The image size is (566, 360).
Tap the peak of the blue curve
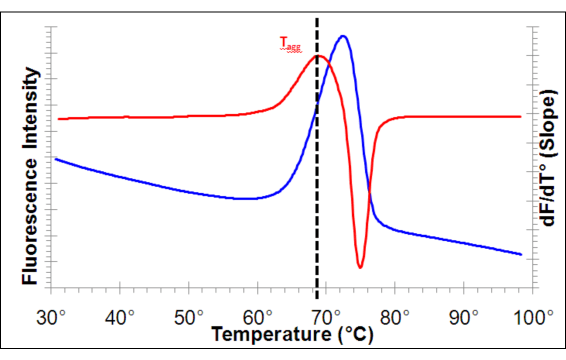click(343, 36)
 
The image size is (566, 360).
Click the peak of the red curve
click(319, 56)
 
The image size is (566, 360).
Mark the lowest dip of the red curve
click(360, 267)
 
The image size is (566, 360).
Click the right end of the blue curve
click(521, 254)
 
